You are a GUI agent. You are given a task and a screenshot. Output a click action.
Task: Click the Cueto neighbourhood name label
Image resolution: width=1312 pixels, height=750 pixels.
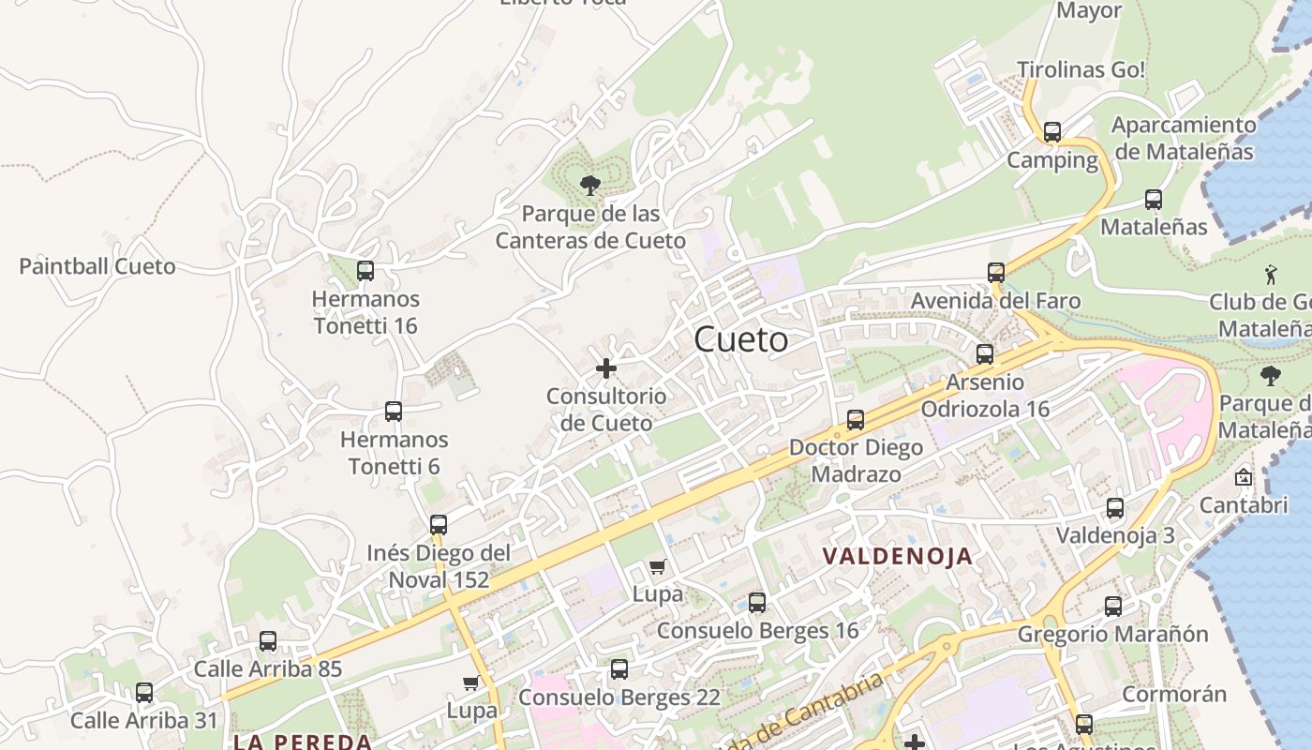741,339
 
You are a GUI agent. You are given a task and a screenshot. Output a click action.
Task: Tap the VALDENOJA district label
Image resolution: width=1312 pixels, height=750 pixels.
898,556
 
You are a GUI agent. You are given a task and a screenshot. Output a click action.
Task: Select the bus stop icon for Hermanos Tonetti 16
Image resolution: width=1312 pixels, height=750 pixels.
365,271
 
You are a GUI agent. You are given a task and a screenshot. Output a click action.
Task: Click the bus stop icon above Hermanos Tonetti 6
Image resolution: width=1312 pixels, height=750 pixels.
394,411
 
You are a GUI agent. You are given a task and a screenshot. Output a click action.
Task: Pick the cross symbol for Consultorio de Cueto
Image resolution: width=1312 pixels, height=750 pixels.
606,368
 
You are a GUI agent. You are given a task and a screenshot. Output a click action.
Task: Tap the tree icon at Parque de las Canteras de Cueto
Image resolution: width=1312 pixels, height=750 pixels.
589,185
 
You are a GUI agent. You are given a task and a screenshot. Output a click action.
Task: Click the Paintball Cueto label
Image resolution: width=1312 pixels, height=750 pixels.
97,266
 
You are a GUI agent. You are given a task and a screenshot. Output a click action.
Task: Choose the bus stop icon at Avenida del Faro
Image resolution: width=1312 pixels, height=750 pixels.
996,273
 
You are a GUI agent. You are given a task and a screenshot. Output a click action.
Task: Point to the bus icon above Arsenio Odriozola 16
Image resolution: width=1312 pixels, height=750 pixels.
985,353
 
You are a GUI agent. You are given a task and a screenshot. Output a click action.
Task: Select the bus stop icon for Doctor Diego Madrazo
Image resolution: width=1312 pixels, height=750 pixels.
856,419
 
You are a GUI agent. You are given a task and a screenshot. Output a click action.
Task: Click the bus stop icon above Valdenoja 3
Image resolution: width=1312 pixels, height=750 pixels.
1115,508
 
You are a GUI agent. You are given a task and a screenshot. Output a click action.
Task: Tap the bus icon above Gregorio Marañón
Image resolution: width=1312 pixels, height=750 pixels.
1113,606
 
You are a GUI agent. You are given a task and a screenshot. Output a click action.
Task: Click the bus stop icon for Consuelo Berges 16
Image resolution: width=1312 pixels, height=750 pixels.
757,602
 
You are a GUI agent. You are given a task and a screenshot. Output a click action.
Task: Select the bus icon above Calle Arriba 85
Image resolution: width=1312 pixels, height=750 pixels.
268,641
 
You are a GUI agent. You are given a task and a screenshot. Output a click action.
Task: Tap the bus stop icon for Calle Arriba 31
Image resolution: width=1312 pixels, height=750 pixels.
144,693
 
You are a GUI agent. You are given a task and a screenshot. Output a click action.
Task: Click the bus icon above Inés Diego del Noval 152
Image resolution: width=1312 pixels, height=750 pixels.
439,525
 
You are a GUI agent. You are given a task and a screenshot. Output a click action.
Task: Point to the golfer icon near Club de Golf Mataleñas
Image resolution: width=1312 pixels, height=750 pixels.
1271,274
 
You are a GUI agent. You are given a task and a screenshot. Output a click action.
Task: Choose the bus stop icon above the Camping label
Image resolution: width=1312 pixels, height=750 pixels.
1052,132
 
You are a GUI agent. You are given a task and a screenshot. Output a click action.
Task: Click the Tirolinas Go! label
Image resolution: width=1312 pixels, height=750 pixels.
1081,69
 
